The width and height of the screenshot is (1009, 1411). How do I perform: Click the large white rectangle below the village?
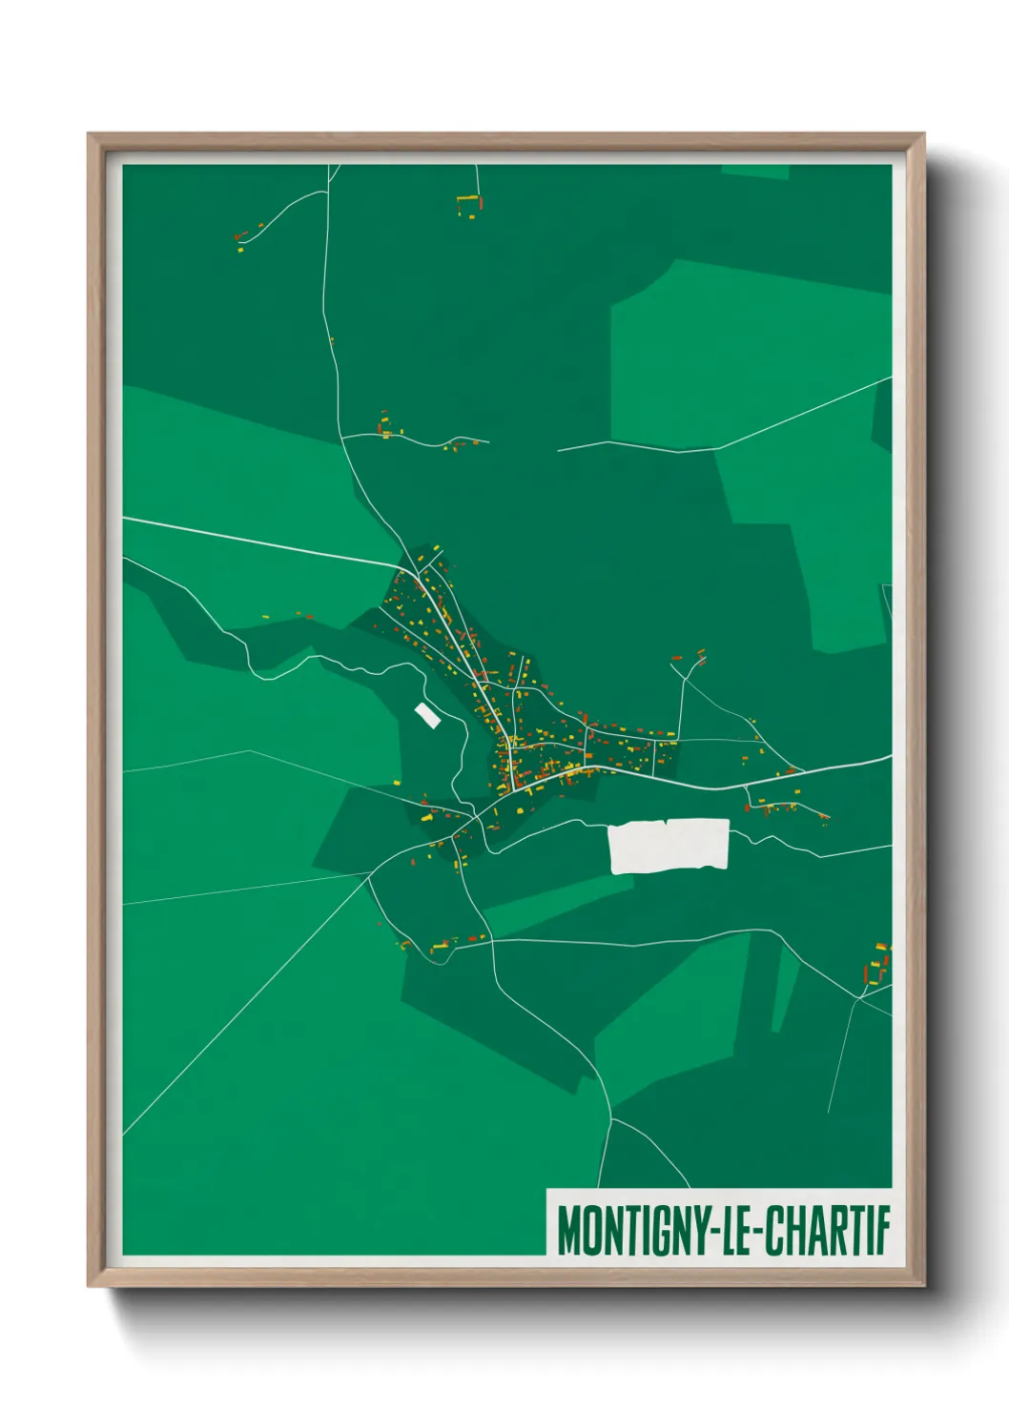(x=669, y=846)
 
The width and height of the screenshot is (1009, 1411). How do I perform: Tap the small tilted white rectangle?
(x=427, y=715)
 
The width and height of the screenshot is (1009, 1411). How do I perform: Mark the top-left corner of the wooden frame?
(x=90, y=135)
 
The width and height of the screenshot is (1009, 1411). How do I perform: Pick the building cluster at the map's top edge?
(x=469, y=206)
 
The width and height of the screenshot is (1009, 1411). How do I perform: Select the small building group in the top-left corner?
(x=244, y=237)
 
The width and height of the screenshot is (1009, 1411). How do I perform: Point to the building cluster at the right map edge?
(x=877, y=965)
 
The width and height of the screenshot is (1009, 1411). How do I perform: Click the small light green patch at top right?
(x=755, y=172)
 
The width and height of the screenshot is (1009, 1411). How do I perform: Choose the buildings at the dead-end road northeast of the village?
(x=690, y=658)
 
